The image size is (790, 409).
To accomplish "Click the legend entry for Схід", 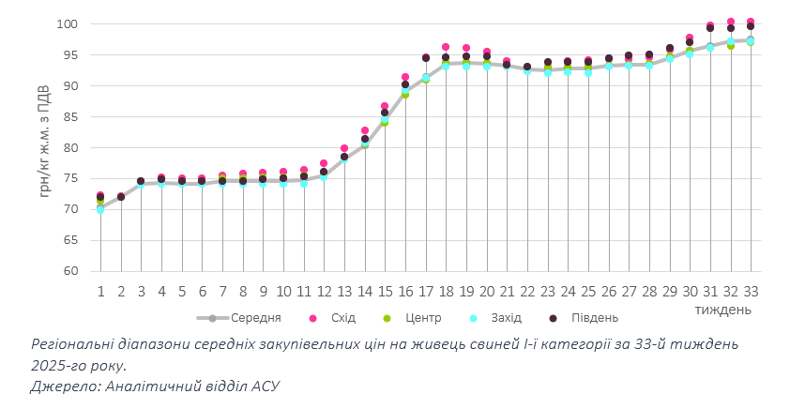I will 336,318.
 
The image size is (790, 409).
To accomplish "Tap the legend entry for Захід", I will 506,318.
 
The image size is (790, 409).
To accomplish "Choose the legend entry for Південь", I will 595,318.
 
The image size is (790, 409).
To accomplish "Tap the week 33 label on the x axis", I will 751,291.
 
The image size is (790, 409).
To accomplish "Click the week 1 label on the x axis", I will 100,291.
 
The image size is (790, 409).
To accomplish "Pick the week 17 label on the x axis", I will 425,291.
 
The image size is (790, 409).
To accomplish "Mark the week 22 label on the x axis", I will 527,291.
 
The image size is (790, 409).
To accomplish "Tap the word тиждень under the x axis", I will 722,308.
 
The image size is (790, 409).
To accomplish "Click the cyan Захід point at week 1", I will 100,209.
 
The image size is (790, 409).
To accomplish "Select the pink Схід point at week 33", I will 751,22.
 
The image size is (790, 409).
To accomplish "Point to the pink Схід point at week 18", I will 446,47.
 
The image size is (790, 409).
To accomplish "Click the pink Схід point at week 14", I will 365,130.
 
